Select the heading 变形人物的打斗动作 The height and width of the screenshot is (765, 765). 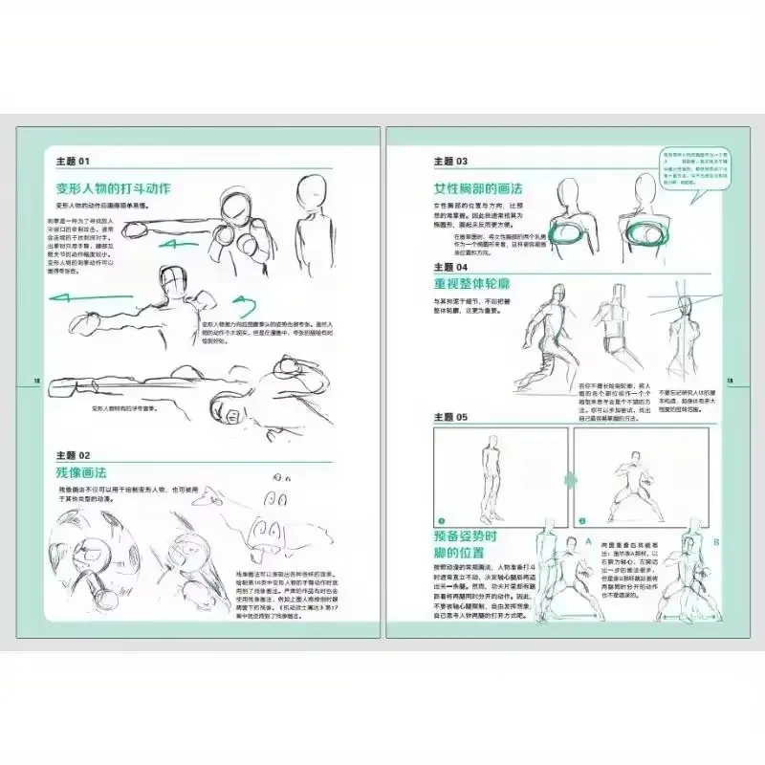click(114, 188)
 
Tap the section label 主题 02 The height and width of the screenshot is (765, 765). click(73, 454)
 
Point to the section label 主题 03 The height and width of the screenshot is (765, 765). click(450, 162)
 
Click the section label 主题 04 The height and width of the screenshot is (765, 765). click(450, 267)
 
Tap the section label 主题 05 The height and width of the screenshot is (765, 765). click(450, 417)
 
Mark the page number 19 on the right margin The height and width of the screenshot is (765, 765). click(729, 382)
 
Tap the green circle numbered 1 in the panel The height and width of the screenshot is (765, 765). click(443, 521)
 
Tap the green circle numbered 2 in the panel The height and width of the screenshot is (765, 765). click(581, 521)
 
